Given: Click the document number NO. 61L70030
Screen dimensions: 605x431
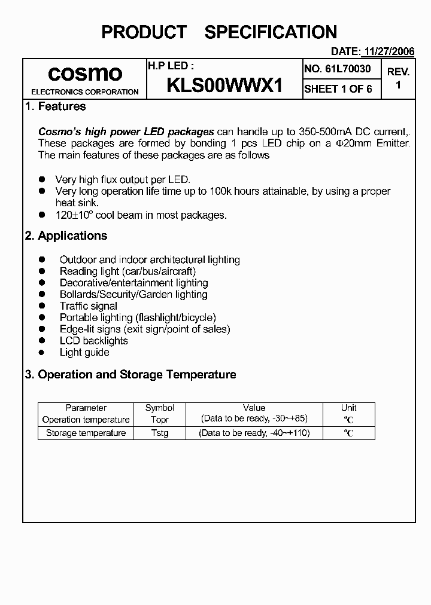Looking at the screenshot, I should (338, 69).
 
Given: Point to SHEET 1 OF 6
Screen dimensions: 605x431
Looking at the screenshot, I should (338, 89).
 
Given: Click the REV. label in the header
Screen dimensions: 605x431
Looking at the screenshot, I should (398, 72).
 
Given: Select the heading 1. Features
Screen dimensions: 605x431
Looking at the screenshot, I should (55, 106).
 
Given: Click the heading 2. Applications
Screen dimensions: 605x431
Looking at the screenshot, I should (66, 236).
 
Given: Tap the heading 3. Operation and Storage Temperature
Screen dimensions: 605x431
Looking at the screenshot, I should (130, 375).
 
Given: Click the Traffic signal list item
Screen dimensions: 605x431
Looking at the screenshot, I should (88, 306).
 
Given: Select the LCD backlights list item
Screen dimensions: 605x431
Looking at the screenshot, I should (93, 341).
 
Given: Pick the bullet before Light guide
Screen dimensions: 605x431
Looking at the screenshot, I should (42, 353).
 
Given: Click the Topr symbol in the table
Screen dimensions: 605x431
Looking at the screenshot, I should (160, 419).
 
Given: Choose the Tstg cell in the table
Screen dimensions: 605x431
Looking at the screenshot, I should (160, 433).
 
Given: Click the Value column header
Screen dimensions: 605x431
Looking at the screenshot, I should (254, 408).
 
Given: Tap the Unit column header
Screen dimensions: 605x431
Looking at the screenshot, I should (348, 408).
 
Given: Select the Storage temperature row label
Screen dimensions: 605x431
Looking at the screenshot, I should (86, 433).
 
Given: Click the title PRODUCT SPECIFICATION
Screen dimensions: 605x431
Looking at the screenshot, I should (219, 32).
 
